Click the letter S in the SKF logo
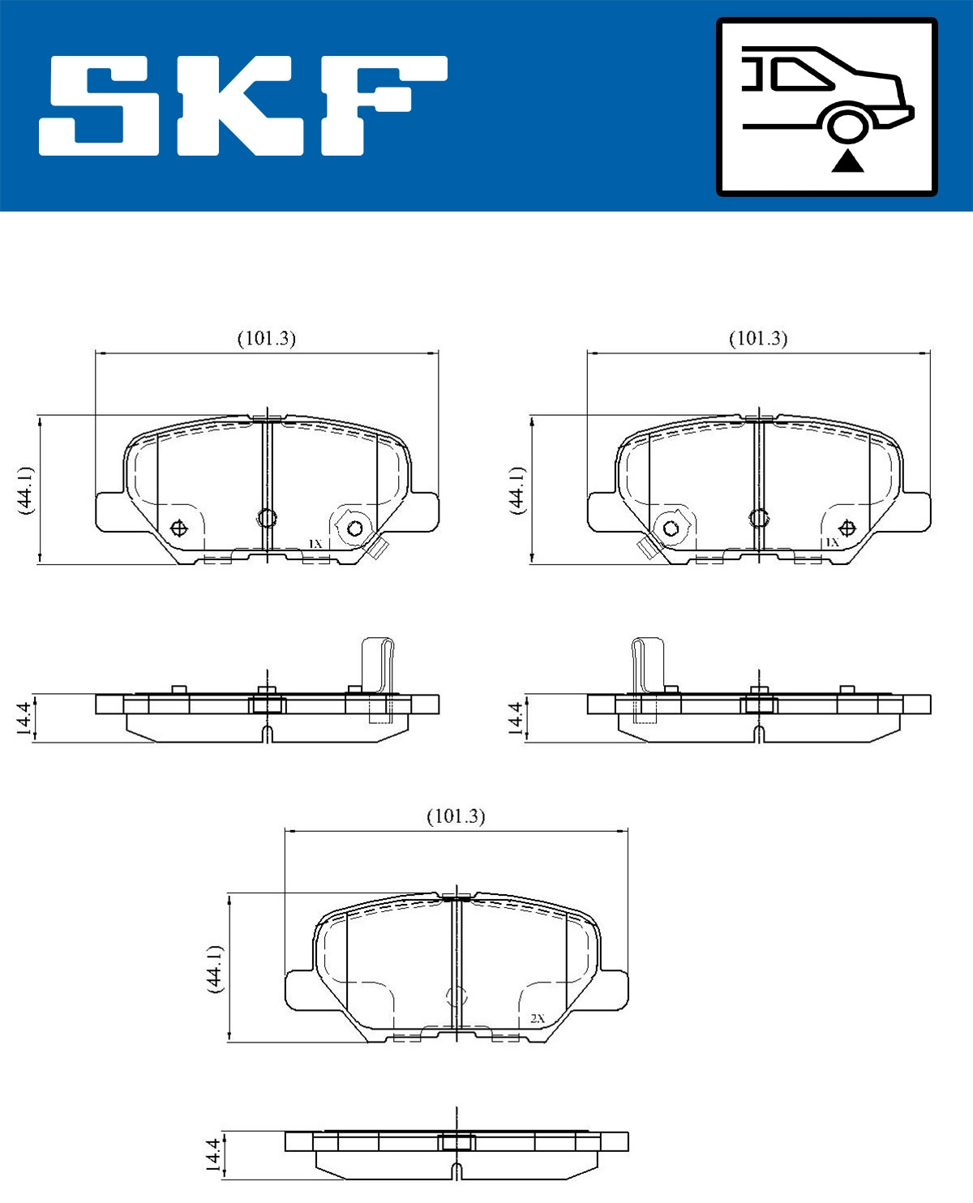[98, 106]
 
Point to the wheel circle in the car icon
[847, 127]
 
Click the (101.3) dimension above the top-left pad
[266, 338]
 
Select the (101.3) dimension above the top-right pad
[758, 338]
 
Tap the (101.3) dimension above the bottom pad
[456, 816]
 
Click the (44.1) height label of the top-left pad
[25, 490]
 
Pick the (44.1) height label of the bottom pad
[214, 968]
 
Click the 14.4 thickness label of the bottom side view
[212, 1154]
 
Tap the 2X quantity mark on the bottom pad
[538, 1018]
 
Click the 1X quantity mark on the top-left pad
[315, 543]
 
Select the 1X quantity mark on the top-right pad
[832, 542]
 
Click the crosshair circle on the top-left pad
[179, 529]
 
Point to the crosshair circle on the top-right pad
[847, 529]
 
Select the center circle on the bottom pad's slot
[457, 997]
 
